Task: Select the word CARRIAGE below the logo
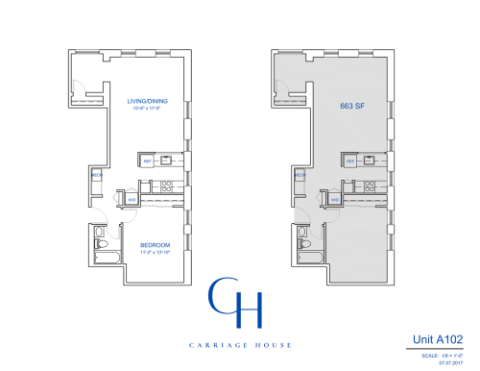pos(205,344)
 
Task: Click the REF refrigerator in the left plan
pos(148,161)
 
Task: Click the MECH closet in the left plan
pos(96,176)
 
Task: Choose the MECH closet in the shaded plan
pos(300,176)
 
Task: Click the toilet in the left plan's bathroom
pos(98,245)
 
